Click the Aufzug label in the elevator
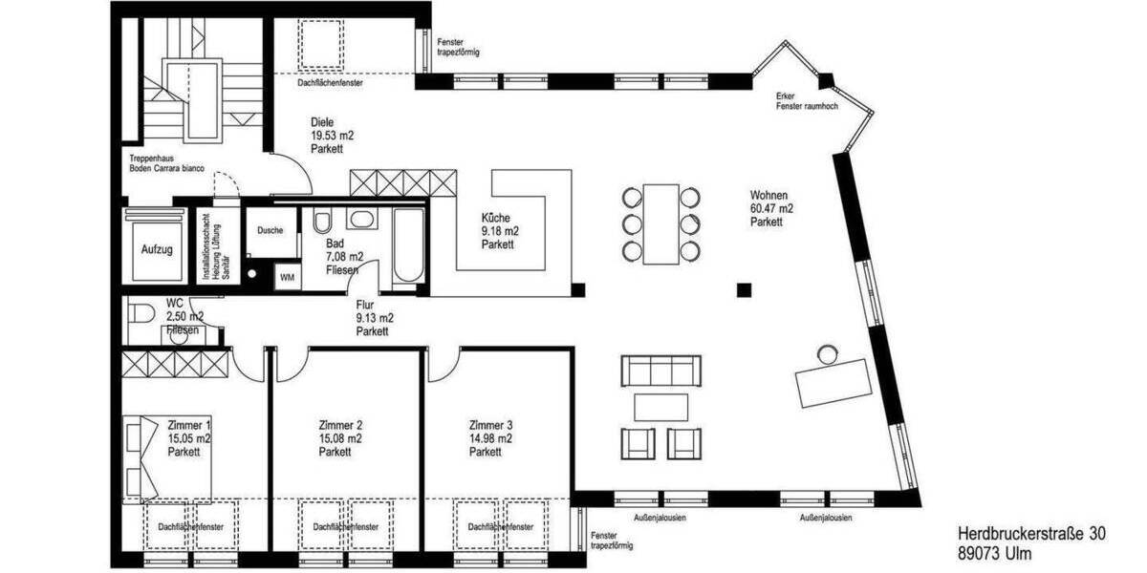157,250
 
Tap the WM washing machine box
287,278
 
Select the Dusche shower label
270,230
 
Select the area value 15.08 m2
339,438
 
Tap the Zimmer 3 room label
490,425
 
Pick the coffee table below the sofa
661,407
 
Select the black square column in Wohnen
743,289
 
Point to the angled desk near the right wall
834,380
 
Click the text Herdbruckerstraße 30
1030,536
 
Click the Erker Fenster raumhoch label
808,101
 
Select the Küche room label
500,218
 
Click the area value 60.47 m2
772,208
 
